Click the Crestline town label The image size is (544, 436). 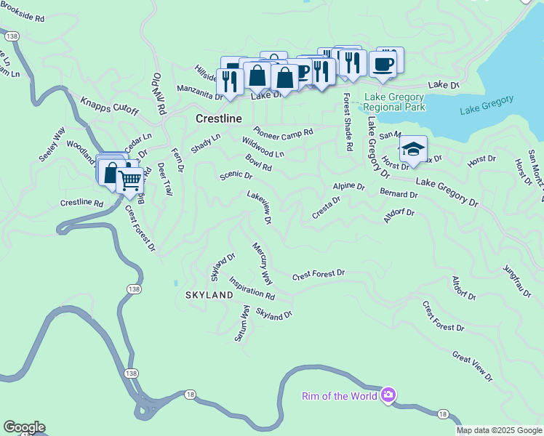point(218,118)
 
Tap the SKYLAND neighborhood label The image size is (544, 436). point(209,295)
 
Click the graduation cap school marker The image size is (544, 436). point(413,150)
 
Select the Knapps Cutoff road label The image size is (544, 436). point(109,105)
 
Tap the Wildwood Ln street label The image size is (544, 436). point(263,149)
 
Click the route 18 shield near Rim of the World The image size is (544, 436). point(442,414)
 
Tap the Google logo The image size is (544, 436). point(23,427)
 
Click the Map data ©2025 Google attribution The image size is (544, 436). point(499,430)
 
